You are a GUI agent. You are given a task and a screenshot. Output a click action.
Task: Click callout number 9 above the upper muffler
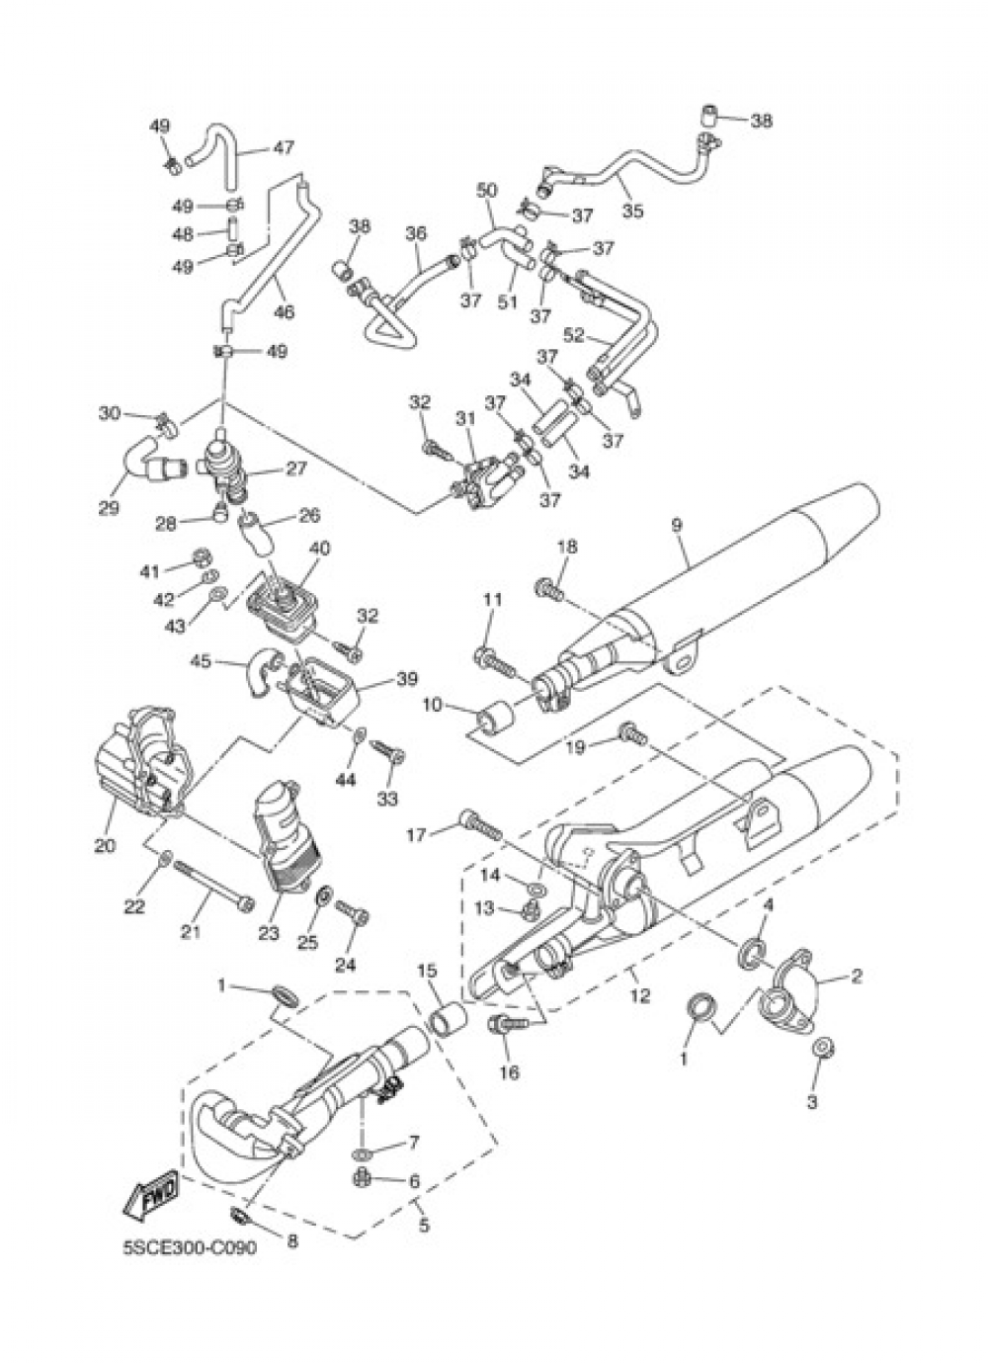678,525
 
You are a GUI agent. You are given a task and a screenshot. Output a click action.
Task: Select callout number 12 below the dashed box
641,995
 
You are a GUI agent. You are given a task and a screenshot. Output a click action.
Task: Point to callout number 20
105,846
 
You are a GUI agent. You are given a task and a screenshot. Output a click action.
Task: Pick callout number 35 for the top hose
632,211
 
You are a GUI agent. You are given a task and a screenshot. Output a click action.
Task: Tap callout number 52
574,335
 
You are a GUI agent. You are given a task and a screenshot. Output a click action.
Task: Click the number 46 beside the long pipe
285,311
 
